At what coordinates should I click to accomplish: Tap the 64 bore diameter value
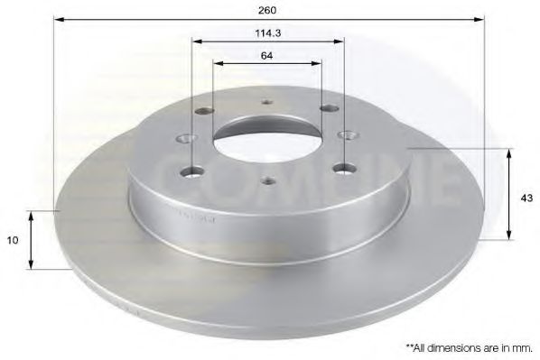(x=266, y=55)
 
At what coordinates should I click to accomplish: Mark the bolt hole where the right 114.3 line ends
(x=344, y=167)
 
